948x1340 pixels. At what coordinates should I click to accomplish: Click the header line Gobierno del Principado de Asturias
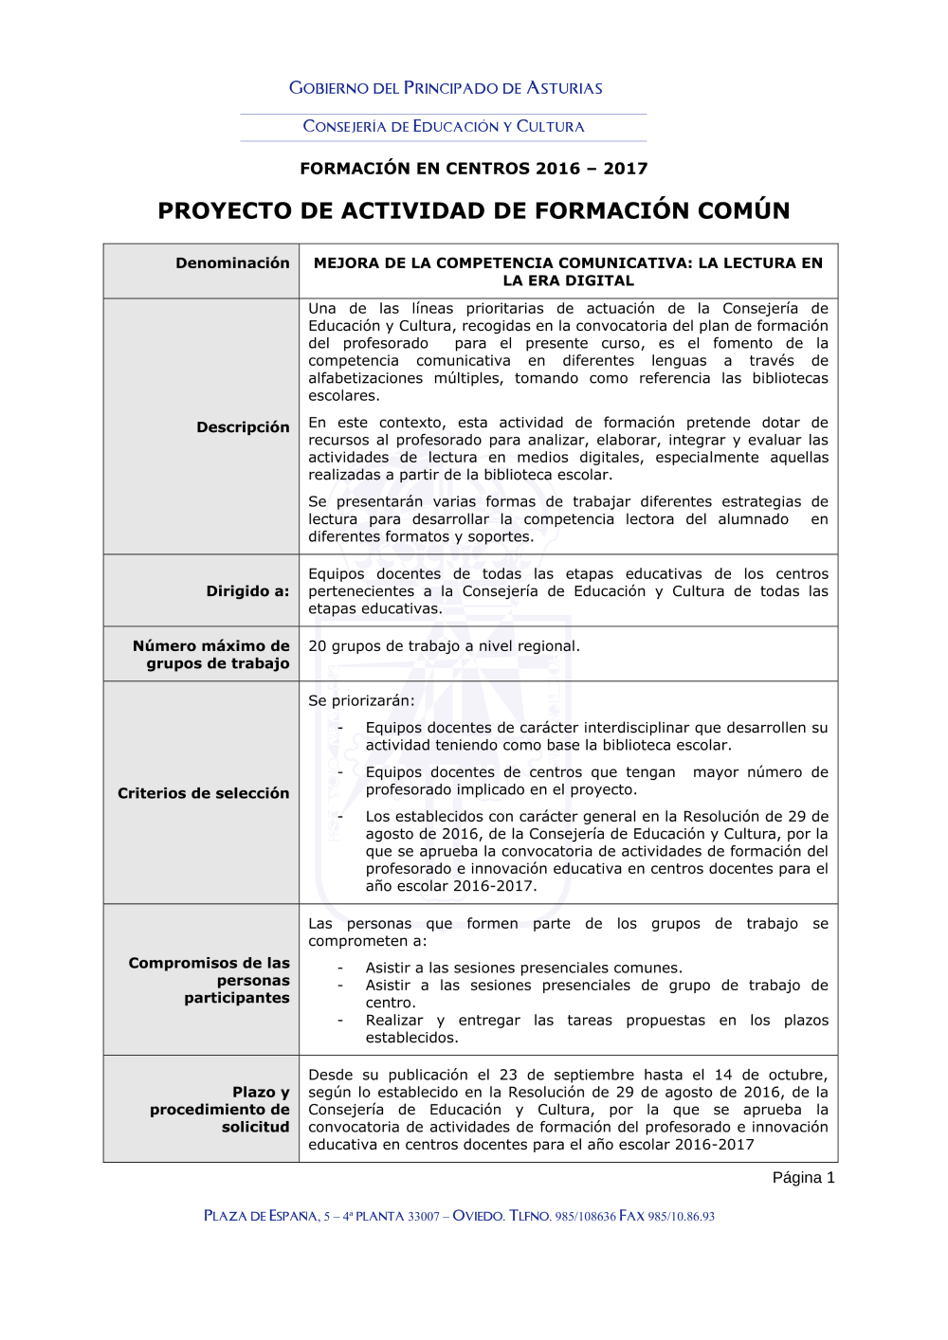(446, 88)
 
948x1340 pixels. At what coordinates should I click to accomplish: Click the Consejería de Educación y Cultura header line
(444, 127)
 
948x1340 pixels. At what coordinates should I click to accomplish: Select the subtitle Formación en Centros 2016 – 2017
(474, 169)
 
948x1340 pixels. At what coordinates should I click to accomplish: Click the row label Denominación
(232, 263)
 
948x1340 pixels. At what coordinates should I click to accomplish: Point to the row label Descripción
(243, 427)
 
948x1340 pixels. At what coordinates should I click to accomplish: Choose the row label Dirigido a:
(247, 591)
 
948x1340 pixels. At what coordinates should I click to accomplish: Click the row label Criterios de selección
(203, 793)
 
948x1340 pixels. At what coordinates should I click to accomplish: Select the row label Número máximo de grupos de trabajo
(211, 655)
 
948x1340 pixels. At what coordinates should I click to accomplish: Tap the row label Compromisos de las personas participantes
(210, 981)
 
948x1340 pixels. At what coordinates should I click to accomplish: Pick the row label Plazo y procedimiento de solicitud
(220, 1110)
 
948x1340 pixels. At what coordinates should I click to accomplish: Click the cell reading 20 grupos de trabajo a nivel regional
(444, 646)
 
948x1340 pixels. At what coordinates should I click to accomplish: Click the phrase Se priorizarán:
(361, 701)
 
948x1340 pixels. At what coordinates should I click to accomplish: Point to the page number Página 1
(803, 1178)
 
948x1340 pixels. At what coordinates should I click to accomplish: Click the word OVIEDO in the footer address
(478, 1217)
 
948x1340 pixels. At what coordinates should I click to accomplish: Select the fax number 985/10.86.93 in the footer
(682, 1217)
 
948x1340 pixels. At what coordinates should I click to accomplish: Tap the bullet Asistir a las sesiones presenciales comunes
(523, 969)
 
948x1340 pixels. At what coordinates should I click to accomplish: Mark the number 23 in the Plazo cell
(508, 1076)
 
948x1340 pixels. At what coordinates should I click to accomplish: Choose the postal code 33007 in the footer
(424, 1217)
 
